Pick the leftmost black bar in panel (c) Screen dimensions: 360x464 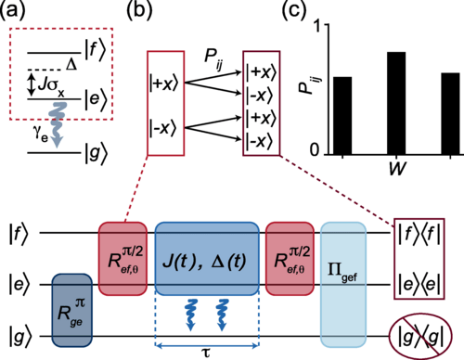pyautogui.click(x=343, y=115)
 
